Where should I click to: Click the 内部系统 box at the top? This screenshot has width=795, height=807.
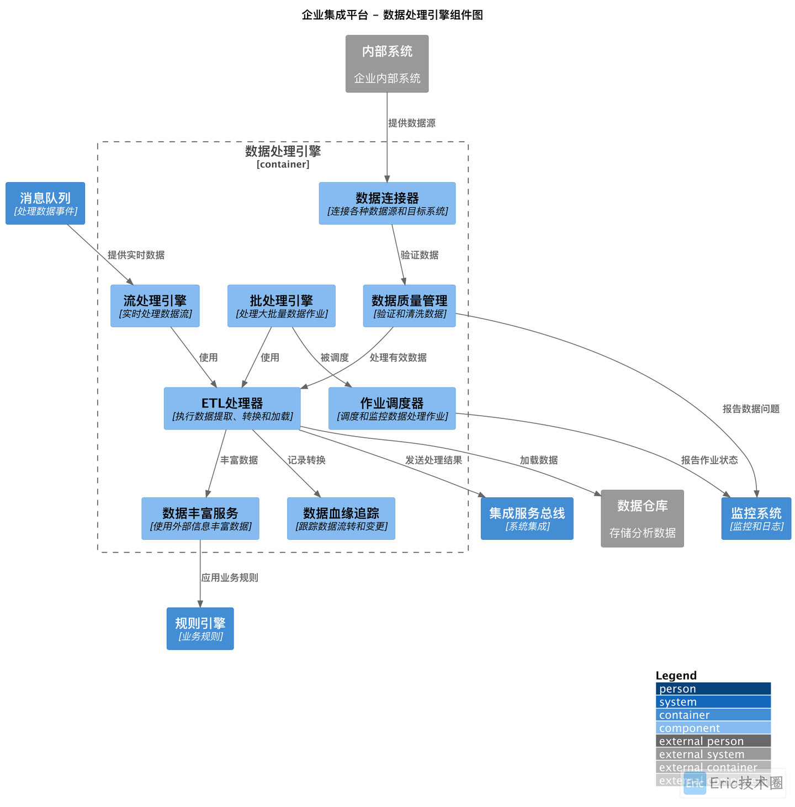pos(387,64)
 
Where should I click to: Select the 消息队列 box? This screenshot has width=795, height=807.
pos(45,203)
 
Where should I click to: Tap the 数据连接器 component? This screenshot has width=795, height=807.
pos(387,203)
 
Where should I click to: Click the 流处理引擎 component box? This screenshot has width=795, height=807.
pos(155,306)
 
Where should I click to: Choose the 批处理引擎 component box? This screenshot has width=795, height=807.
pos(282,306)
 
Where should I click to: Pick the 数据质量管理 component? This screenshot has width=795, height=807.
pos(409,306)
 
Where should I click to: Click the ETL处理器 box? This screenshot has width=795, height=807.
pos(232,408)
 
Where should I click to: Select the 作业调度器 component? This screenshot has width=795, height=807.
pos(392,408)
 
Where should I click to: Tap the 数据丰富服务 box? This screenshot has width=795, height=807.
pos(200,518)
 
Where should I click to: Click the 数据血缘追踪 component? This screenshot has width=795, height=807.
pos(341,518)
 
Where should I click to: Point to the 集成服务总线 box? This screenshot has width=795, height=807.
pos(527,518)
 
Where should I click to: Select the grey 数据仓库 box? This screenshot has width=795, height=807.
pos(642,518)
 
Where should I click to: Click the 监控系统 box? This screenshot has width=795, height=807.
pos(756,518)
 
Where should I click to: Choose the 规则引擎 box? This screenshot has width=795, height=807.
pos(200,629)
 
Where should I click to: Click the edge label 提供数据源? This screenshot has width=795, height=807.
pos(412,123)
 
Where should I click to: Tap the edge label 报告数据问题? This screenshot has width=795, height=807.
pos(751,409)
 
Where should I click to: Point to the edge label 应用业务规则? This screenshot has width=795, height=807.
pos(230,578)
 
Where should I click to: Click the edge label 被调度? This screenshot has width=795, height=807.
pos(335,358)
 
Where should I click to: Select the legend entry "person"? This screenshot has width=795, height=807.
pos(713,689)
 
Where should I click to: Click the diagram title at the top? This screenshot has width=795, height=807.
pos(392,15)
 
